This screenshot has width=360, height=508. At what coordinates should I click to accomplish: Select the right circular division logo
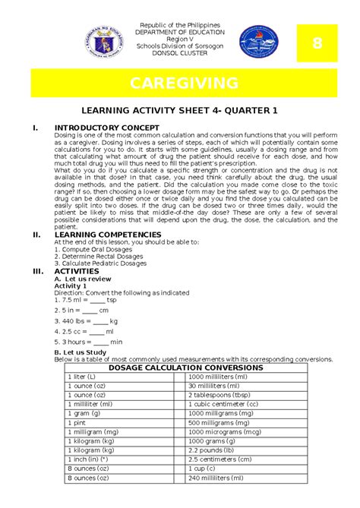point(258,41)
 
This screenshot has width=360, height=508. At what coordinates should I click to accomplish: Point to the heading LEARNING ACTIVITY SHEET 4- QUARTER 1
point(179,111)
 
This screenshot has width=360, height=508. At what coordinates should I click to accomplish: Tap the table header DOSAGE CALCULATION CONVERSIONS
point(185,368)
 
